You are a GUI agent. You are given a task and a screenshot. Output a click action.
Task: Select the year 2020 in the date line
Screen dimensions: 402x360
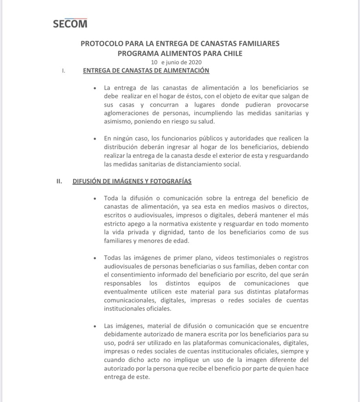coord(197,62)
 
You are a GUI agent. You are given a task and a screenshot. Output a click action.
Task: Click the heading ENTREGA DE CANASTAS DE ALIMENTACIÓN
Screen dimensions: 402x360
coord(146,71)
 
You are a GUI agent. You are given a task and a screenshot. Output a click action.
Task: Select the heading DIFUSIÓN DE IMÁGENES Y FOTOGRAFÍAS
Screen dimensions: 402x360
coord(132,181)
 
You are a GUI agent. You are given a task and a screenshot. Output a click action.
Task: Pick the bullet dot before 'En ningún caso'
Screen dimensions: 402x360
coord(95,139)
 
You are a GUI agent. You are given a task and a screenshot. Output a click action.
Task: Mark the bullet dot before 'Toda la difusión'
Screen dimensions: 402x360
coord(95,199)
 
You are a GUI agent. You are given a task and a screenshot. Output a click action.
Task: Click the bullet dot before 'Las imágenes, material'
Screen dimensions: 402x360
coord(95,326)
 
